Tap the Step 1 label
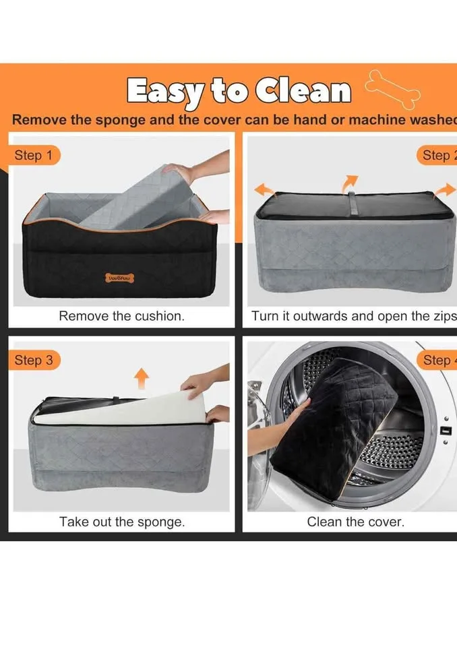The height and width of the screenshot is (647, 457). click(34, 156)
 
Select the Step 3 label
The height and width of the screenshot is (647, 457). click(34, 360)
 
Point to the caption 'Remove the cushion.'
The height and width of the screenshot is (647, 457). click(121, 316)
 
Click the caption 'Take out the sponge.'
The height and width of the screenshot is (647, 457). click(121, 521)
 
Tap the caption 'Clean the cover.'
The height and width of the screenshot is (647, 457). click(355, 521)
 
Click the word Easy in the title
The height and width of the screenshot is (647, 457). click(165, 90)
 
